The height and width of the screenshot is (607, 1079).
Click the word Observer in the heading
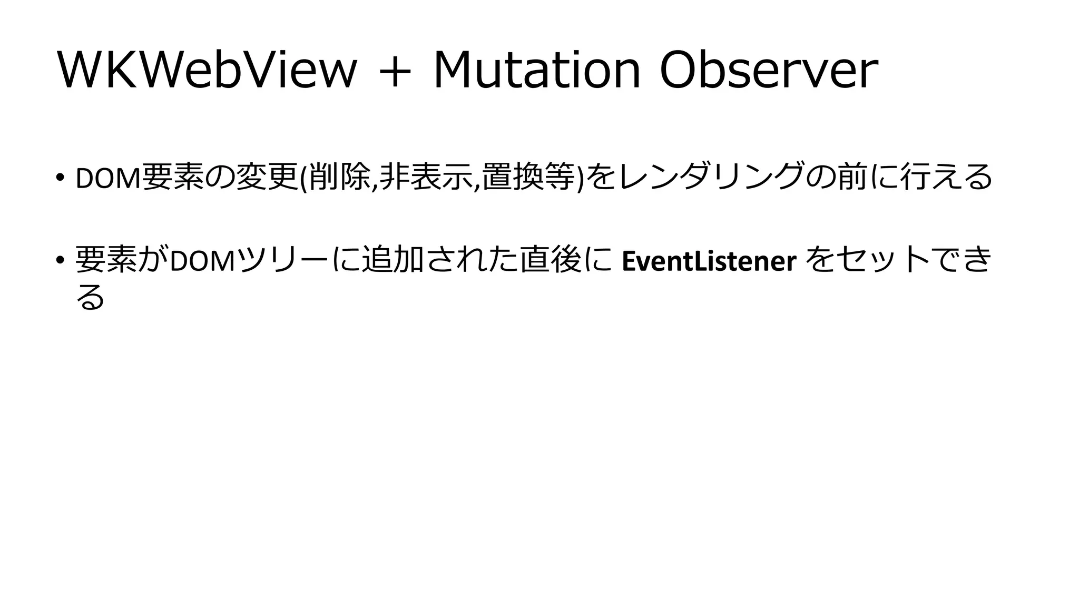(x=769, y=71)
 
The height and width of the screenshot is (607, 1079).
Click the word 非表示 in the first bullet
(x=426, y=178)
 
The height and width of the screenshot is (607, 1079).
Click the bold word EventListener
(x=709, y=261)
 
